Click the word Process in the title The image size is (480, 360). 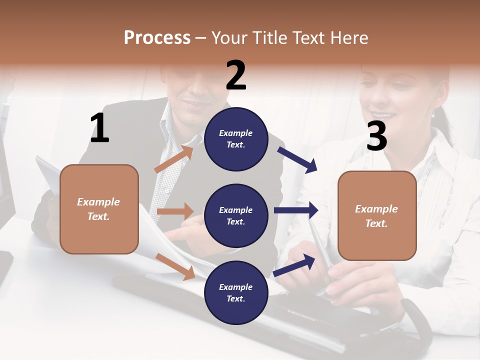click(157, 38)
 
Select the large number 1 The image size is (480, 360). click(99, 128)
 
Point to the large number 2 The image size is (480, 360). click(236, 75)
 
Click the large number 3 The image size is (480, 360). click(376, 136)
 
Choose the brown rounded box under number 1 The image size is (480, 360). click(99, 209)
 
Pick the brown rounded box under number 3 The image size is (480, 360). click(377, 216)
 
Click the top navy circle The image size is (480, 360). click(236, 139)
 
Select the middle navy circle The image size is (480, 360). click(236, 215)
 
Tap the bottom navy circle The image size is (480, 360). click(236, 292)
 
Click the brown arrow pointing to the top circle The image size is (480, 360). click(173, 159)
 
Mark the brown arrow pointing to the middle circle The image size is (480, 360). click(175, 211)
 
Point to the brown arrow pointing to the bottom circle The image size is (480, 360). click(175, 266)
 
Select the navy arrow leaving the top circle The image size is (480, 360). click(297, 159)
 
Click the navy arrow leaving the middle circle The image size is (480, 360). click(295, 210)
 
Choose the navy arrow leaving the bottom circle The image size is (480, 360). click(294, 265)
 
